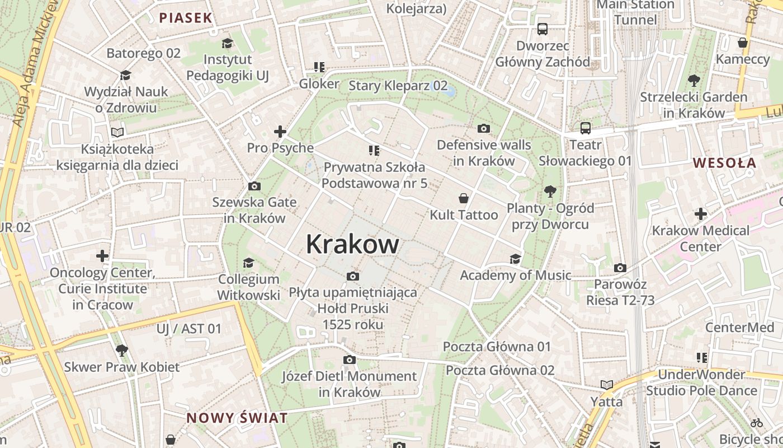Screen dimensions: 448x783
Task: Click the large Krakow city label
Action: click(x=352, y=244)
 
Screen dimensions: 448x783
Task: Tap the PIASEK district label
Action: click(x=186, y=18)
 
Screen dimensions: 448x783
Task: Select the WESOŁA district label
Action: click(x=724, y=163)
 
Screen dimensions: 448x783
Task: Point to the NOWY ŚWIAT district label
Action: click(x=237, y=418)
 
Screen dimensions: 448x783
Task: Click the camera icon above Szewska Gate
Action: click(x=254, y=186)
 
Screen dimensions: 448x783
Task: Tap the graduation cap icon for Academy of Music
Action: click(x=515, y=259)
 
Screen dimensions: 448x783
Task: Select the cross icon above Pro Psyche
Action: click(x=280, y=132)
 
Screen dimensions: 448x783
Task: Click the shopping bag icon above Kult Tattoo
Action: click(x=463, y=198)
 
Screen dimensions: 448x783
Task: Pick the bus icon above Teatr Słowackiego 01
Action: click(x=586, y=128)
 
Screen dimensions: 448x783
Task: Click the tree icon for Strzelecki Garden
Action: click(x=694, y=81)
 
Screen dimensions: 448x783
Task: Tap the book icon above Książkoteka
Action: click(x=117, y=133)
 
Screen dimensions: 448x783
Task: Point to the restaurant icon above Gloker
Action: click(x=319, y=68)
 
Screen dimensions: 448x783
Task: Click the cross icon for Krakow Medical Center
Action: click(x=701, y=214)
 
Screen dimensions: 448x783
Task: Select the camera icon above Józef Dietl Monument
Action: click(x=350, y=360)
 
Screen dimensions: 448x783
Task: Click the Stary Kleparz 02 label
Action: click(x=398, y=86)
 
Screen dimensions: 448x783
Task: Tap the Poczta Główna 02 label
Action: click(x=500, y=370)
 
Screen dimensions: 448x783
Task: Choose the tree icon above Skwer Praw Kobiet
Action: click(x=122, y=351)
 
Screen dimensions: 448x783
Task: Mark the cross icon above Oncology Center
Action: click(x=102, y=256)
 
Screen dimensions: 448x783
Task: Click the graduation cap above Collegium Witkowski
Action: click(x=248, y=263)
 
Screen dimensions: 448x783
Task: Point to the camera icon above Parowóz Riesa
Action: click(x=620, y=268)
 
